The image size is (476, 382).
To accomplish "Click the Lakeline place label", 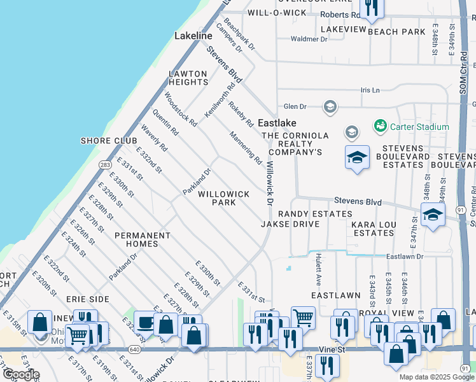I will [193, 36].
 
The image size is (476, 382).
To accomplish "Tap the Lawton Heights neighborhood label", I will [188, 78].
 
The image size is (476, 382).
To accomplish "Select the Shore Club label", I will [108, 141].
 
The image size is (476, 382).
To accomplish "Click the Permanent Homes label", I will [143, 239].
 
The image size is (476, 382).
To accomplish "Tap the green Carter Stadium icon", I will [381, 126].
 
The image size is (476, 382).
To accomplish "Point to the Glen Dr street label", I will [295, 106].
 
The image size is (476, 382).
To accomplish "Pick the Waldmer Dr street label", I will [309, 39].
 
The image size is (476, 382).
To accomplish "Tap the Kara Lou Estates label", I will [374, 229].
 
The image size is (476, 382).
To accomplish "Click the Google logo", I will [21, 375].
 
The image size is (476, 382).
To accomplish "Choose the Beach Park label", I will [396, 32].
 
